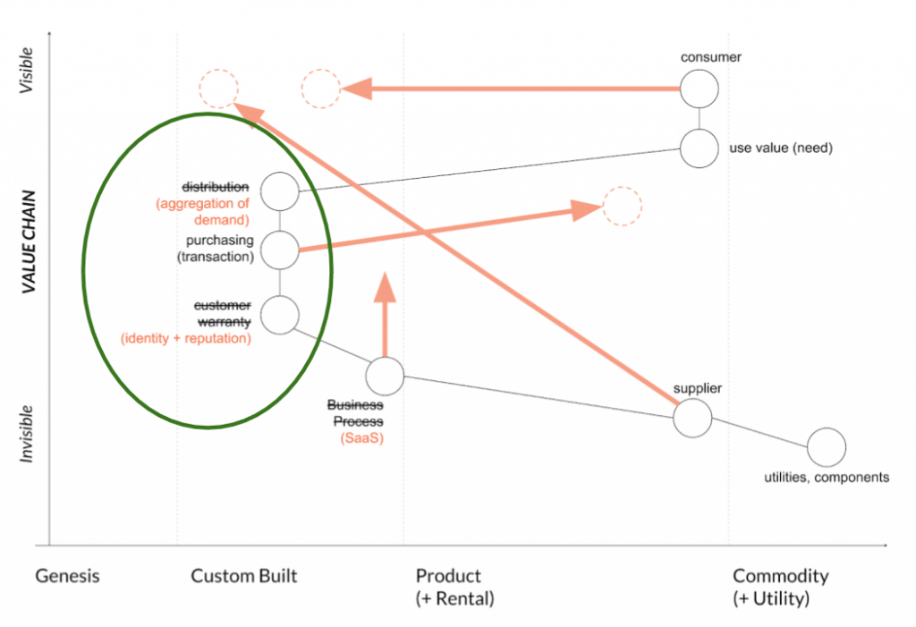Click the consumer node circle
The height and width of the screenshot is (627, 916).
pos(699,89)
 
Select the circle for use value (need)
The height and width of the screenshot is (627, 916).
pos(699,148)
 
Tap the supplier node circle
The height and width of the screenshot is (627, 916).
pos(692,417)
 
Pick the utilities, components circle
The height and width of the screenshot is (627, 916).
pos(826,447)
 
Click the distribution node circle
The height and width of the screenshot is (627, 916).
pos(280,191)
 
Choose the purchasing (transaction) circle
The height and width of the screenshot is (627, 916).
pos(280,250)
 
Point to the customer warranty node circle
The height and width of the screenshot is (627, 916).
pos(280,314)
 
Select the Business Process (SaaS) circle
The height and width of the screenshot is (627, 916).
pos(386,377)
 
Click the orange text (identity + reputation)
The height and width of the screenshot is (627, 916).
pos(185,339)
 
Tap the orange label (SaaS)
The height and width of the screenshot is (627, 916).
pos(360,437)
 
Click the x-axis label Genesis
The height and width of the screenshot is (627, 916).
pos(67,576)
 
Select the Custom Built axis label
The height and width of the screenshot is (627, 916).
pos(243,576)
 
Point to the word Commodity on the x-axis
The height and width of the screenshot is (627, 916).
pos(780,576)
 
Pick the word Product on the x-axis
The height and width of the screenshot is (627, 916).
pos(448,576)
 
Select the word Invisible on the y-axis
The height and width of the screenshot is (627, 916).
pos(28,434)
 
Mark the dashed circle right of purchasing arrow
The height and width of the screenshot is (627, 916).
pos(622,206)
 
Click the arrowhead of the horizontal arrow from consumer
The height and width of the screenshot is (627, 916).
pos(356,89)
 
